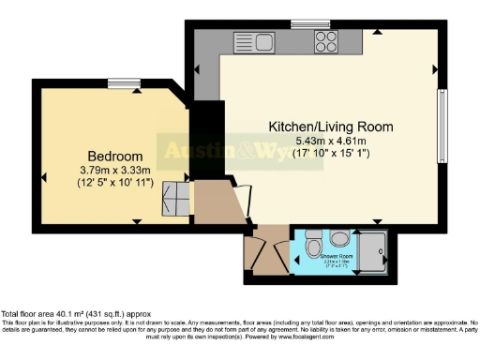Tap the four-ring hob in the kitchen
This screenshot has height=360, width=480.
coord(326,40)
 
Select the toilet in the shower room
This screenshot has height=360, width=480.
coord(313,247)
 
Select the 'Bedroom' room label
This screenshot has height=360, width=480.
coord(115,156)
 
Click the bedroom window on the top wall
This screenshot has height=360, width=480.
coord(122,84)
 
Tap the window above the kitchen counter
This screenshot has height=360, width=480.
coord(304,24)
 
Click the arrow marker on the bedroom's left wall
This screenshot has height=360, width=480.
coord(44,177)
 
